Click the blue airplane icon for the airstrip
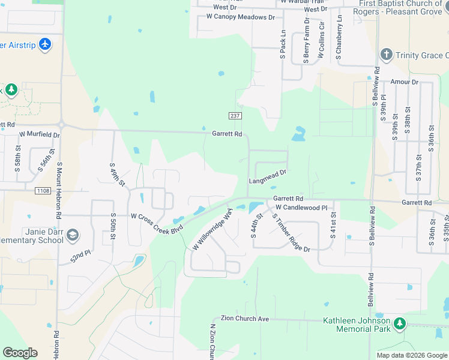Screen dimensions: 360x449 pyautogui.click(x=44, y=44)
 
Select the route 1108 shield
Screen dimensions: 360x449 pyautogui.click(x=42, y=191)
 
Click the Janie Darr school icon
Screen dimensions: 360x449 pyautogui.click(x=73, y=234)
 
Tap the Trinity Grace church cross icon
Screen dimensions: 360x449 pyautogui.click(x=386, y=55)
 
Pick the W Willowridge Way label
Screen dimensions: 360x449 pyautogui.click(x=212, y=230)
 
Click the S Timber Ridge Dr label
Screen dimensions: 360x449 pyautogui.click(x=291, y=233)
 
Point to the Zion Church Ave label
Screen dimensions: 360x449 pyautogui.click(x=244, y=319)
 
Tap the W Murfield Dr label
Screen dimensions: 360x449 pyautogui.click(x=40, y=134)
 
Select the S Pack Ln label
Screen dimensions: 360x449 pyautogui.click(x=283, y=44)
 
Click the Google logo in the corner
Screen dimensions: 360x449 pyautogui.click(x=20, y=352)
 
